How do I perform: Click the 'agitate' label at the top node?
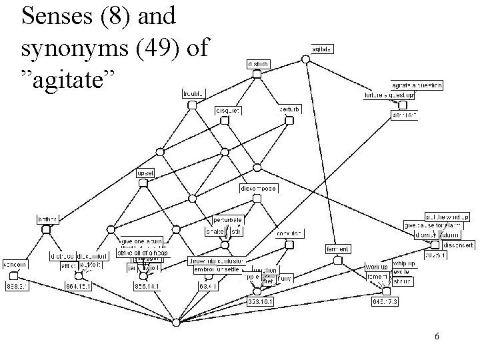323,49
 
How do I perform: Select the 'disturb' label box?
257,64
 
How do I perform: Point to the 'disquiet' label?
227,110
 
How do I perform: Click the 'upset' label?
145,173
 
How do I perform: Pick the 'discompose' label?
258,189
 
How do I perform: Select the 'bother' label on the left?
47,219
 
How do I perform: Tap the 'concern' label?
14,265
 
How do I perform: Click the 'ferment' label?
337,249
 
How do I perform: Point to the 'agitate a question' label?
416,86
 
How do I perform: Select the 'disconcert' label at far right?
456,244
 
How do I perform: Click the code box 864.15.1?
78,285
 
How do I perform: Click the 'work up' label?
376,267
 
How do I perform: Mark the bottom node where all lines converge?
175,323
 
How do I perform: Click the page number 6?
435,337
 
